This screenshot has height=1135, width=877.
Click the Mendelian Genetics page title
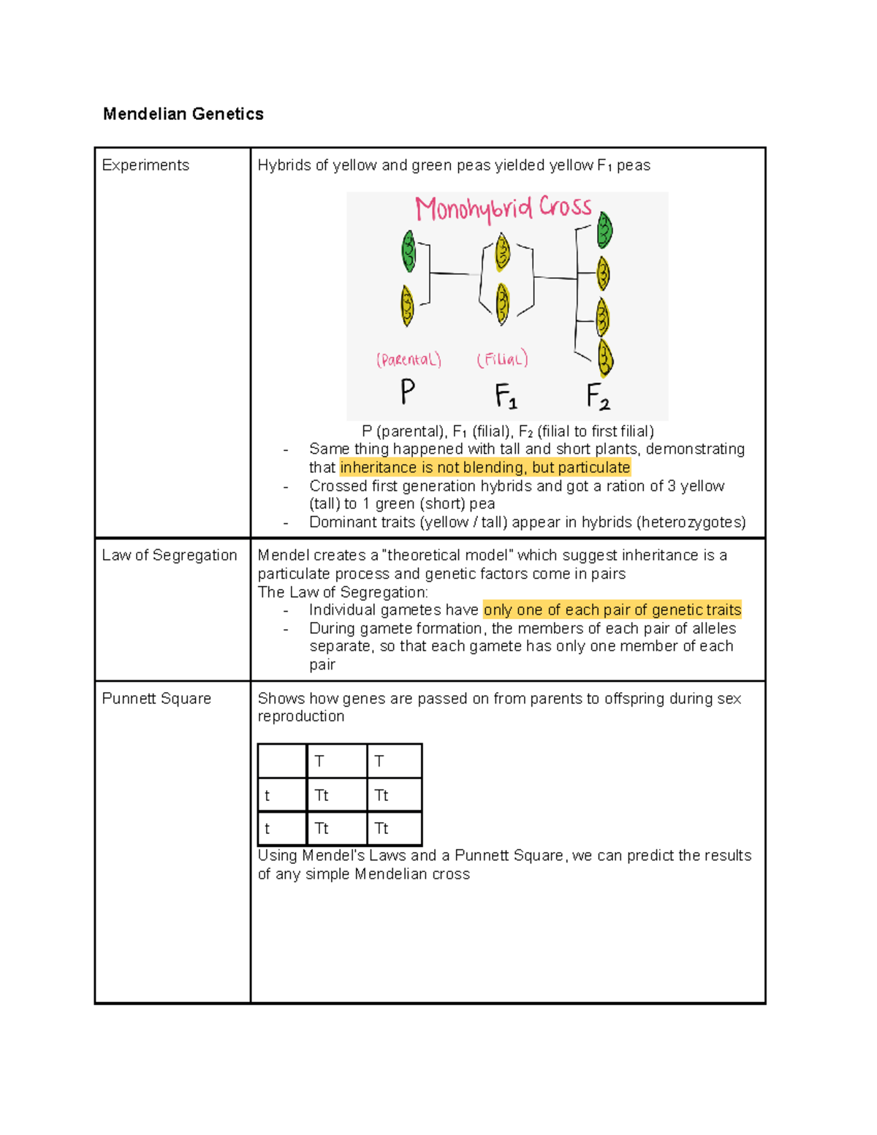tap(183, 114)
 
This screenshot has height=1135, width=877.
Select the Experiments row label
tap(145, 165)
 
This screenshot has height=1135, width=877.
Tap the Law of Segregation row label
tap(169, 555)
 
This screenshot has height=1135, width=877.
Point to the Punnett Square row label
tap(156, 699)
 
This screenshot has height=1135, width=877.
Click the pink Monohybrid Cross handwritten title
tap(503, 208)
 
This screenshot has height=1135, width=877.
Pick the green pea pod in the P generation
tap(409, 251)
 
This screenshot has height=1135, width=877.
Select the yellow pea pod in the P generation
tap(407, 305)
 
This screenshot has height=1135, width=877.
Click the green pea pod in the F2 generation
tap(604, 229)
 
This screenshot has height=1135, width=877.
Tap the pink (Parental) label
tap(409, 360)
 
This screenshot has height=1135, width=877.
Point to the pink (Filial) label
tap(502, 360)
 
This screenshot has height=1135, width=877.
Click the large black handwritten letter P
tap(408, 392)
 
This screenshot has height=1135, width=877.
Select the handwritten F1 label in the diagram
tap(506, 397)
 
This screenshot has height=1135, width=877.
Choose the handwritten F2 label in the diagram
tap(598, 397)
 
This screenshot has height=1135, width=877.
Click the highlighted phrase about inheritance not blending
tap(485, 468)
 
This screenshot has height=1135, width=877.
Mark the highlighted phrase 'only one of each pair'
tap(612, 610)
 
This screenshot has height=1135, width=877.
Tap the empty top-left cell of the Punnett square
tap(282, 761)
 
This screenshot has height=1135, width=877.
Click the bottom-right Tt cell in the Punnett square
tap(394, 829)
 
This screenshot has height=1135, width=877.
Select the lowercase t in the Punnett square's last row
tap(267, 829)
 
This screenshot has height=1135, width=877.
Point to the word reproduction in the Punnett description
tap(300, 717)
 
